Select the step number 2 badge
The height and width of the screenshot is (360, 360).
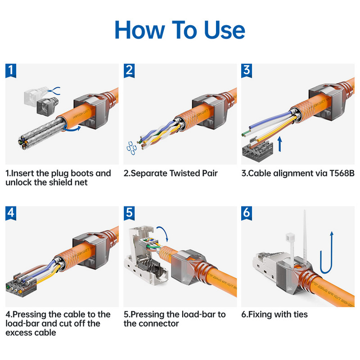130,70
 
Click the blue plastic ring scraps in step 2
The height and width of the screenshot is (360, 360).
131,149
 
